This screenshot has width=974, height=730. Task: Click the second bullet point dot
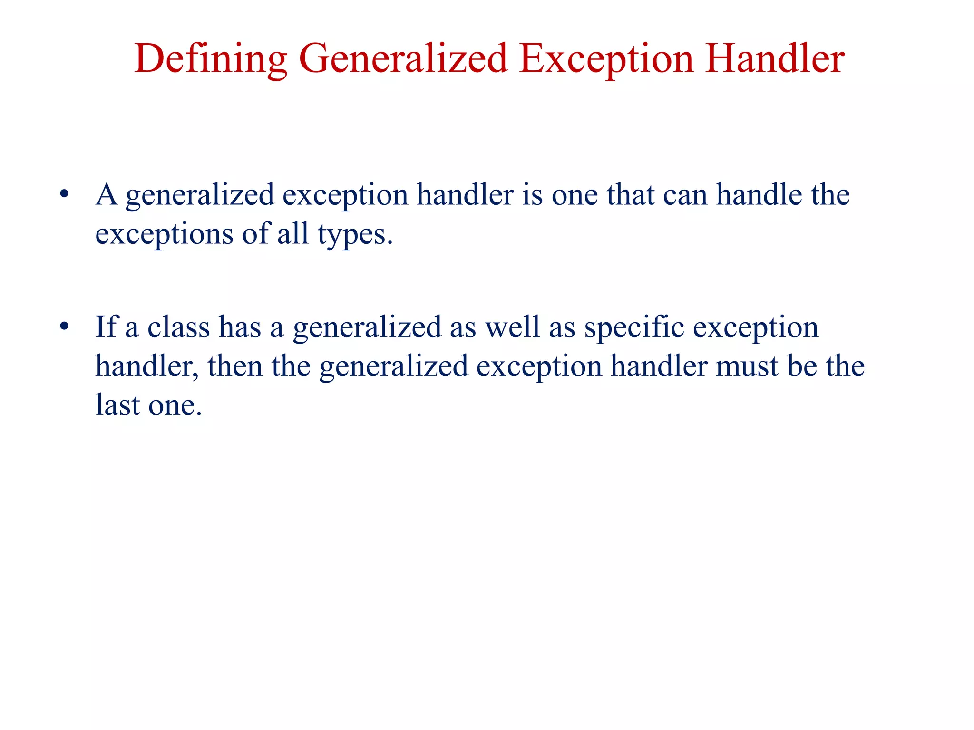click(64, 327)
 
